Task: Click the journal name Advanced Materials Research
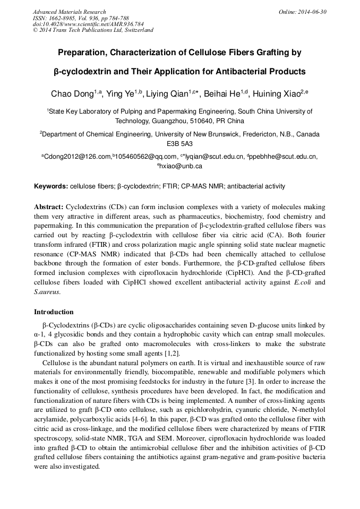tap(69, 12)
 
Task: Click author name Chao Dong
tap(72, 94)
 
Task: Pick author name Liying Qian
tap(170, 94)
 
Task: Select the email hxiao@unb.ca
tap(181, 166)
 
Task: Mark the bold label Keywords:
tap(51, 186)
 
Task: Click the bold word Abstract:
tap(49, 206)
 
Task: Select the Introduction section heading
tap(54, 312)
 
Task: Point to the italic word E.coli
tap(302, 282)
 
